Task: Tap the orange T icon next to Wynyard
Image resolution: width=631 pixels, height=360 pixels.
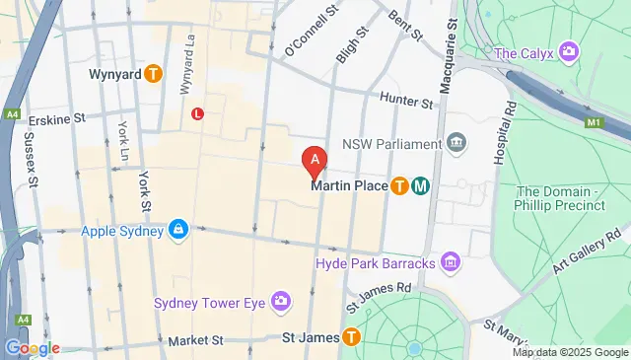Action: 153,74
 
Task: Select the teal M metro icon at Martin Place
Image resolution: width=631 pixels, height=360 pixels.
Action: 420,184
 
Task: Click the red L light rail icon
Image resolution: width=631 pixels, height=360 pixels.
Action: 198,114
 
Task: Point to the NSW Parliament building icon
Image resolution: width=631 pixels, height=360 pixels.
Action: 456,144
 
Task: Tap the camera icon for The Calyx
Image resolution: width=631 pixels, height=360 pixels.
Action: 568,51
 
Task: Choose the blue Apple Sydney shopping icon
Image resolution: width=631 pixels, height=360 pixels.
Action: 177,229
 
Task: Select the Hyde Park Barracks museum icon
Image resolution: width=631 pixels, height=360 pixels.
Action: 452,262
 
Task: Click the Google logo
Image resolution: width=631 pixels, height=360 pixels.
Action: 32,348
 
